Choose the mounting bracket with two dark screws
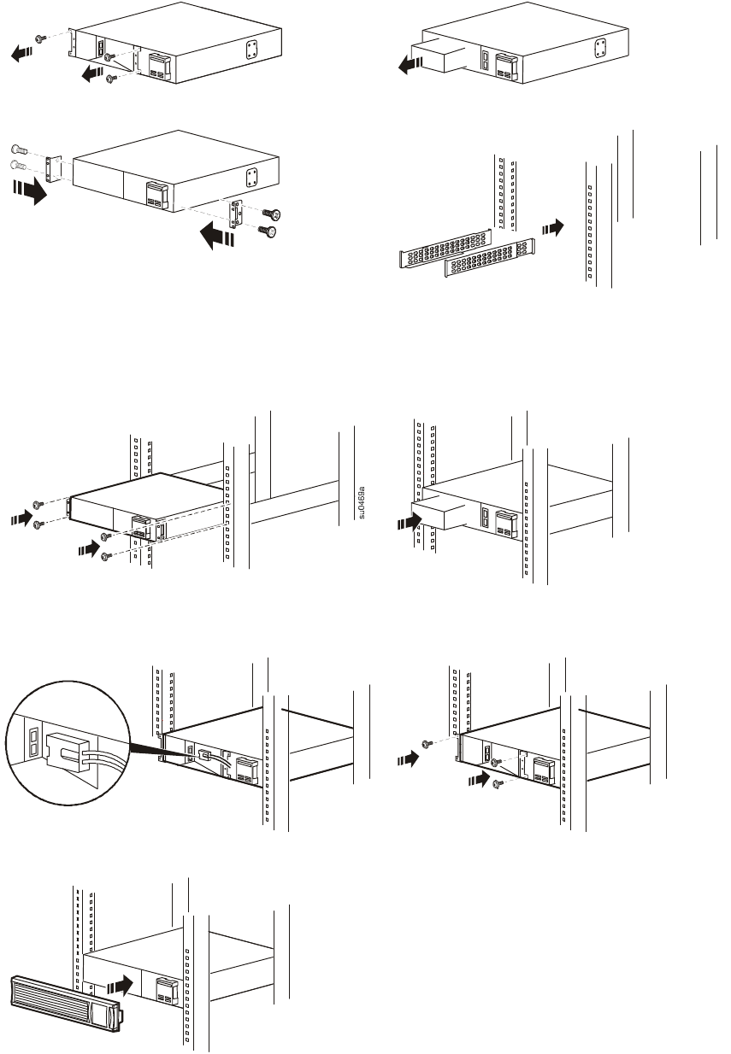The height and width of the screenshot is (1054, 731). pyautogui.click(x=236, y=213)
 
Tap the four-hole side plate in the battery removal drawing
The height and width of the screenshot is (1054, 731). pyautogui.click(x=602, y=48)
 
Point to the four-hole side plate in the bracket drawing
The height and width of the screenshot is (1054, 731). pyautogui.click(x=252, y=177)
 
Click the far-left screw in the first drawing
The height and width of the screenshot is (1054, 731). pyautogui.click(x=39, y=39)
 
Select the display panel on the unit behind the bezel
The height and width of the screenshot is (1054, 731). pyautogui.click(x=164, y=991)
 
